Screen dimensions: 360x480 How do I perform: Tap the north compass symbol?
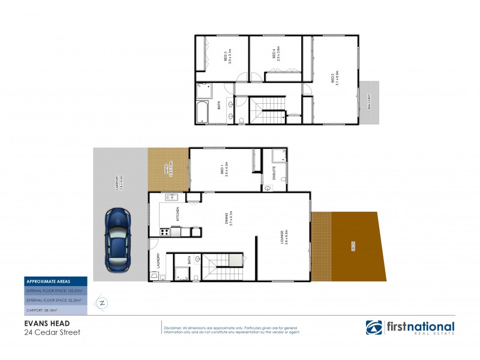click(x=102, y=302)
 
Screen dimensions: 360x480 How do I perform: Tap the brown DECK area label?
click(x=353, y=246)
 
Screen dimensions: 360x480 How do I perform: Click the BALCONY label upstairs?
click(x=368, y=103)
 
